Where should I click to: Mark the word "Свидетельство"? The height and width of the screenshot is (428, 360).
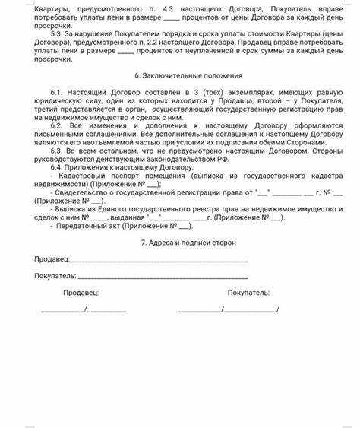pos(83,193)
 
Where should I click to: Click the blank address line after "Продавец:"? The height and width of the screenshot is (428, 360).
pos(159,260)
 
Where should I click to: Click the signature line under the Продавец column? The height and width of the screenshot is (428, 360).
pos(84,309)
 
